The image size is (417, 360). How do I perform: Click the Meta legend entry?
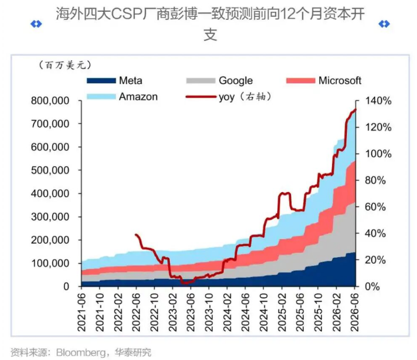[114, 80]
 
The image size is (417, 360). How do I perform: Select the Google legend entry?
[220, 80]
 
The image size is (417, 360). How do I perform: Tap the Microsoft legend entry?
[324, 80]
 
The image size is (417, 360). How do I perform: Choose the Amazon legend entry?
[122, 97]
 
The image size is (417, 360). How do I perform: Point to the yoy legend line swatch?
[201, 97]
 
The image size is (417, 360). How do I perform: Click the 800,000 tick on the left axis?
[50, 101]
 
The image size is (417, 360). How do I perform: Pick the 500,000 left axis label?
[50, 170]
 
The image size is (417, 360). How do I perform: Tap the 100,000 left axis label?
[50, 263]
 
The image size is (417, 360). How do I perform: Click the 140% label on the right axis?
[378, 101]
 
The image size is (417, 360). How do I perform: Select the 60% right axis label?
[375, 207]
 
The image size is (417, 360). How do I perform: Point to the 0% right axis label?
[372, 287]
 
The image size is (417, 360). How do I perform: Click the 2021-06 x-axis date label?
[81, 312]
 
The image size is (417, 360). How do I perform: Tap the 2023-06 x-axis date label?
[191, 312]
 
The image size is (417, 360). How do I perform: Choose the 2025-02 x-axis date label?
[282, 312]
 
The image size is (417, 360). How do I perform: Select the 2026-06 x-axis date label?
[355, 312]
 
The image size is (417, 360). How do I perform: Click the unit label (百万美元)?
[65, 65]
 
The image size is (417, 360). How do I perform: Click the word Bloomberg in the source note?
[81, 353]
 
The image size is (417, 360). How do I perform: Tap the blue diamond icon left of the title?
[36, 24]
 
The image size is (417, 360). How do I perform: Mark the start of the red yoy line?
[136, 235]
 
